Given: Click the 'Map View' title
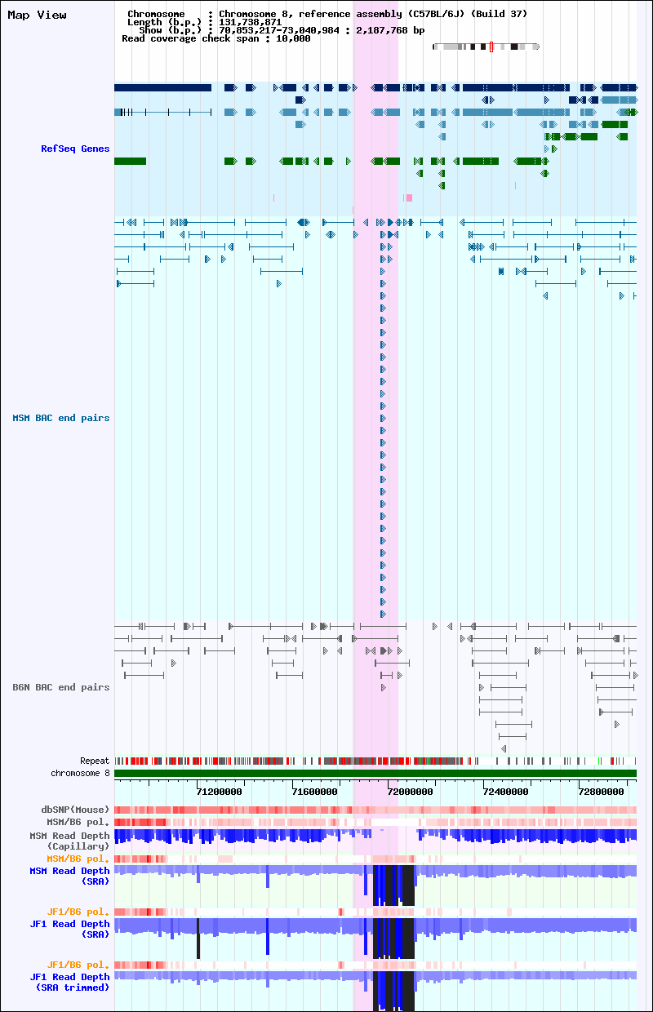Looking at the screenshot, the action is (37, 15).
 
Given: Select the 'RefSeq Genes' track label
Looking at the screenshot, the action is (75, 149).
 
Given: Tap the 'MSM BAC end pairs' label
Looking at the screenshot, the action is (61, 418).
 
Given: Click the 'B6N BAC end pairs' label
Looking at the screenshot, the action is (61, 687).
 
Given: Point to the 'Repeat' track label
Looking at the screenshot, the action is (95, 761).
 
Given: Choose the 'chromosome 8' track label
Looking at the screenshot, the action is (80, 774).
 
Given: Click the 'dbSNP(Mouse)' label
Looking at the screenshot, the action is (75, 810).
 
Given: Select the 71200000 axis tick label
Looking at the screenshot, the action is (220, 792).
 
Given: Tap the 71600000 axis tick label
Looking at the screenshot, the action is (314, 792).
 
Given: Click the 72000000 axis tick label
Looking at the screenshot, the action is (410, 792).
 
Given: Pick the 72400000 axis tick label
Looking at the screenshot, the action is (506, 792).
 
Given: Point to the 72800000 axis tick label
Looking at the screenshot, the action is (601, 792).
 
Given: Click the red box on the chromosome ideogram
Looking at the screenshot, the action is (491, 47).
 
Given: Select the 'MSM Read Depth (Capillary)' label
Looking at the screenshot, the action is (69, 841).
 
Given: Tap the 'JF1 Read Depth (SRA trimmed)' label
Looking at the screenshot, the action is (69, 982).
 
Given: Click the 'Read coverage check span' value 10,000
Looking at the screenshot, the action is (293, 39).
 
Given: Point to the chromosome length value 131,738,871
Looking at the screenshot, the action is (251, 22).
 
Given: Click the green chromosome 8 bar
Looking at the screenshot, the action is (375, 774).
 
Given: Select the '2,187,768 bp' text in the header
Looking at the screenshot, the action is (390, 30).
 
